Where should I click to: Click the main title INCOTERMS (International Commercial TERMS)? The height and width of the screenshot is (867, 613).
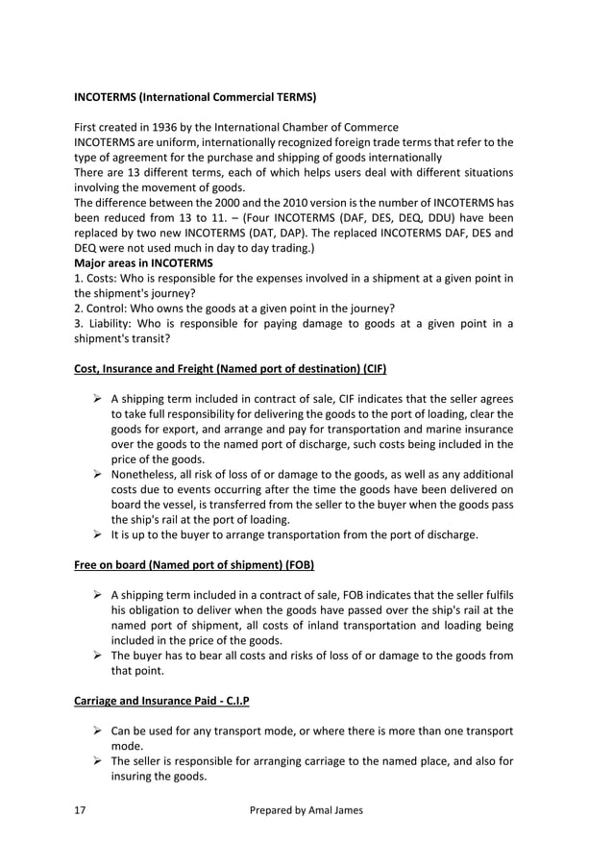tap(195, 97)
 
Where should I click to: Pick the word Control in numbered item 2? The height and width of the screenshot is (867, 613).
tap(110, 309)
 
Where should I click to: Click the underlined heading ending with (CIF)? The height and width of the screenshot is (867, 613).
tap(230, 369)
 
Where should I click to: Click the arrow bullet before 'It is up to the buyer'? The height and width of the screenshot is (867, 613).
tap(97, 534)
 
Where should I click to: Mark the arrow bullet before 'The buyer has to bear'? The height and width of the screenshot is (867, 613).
tap(97, 656)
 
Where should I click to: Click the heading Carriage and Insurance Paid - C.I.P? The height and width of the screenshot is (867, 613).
tap(161, 701)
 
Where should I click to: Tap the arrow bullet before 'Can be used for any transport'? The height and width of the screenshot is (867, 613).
tap(97, 731)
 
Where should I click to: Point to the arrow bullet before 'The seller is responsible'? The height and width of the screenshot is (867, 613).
tap(97, 762)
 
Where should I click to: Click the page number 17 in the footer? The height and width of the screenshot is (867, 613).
tap(81, 810)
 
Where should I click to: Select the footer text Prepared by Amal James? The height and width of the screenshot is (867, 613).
tap(306, 810)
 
